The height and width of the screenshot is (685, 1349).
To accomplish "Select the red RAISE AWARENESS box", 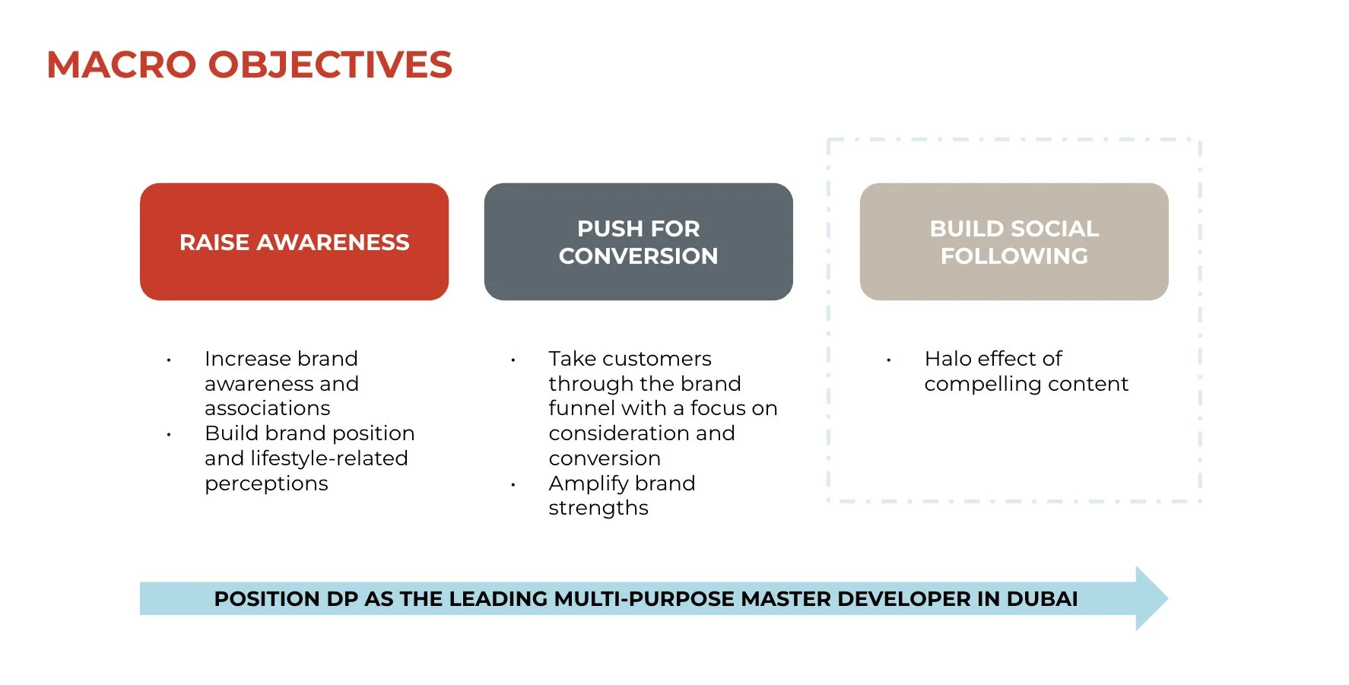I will [294, 242].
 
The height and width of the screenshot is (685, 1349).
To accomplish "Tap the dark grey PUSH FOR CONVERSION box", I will [638, 242].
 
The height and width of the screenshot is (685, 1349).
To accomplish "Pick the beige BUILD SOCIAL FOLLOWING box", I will [1014, 242].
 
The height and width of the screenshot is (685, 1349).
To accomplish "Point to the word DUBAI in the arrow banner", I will [1042, 599].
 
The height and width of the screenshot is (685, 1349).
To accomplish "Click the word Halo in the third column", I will [947, 358].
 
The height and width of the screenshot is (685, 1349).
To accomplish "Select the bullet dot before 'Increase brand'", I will [169, 360].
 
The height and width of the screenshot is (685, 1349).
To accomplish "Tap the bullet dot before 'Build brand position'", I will [169, 435].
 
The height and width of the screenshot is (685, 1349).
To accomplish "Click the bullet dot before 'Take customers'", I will [513, 360].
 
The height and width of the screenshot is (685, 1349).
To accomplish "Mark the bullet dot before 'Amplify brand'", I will [513, 484].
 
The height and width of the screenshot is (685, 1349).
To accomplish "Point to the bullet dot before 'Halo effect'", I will [888, 360].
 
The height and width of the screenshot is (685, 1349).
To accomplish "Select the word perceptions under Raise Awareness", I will [266, 484].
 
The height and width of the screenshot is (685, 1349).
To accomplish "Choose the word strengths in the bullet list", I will [598, 508].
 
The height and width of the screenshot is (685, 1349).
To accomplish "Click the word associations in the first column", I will [267, 408].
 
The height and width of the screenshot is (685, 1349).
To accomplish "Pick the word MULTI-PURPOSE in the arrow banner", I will [644, 599].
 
